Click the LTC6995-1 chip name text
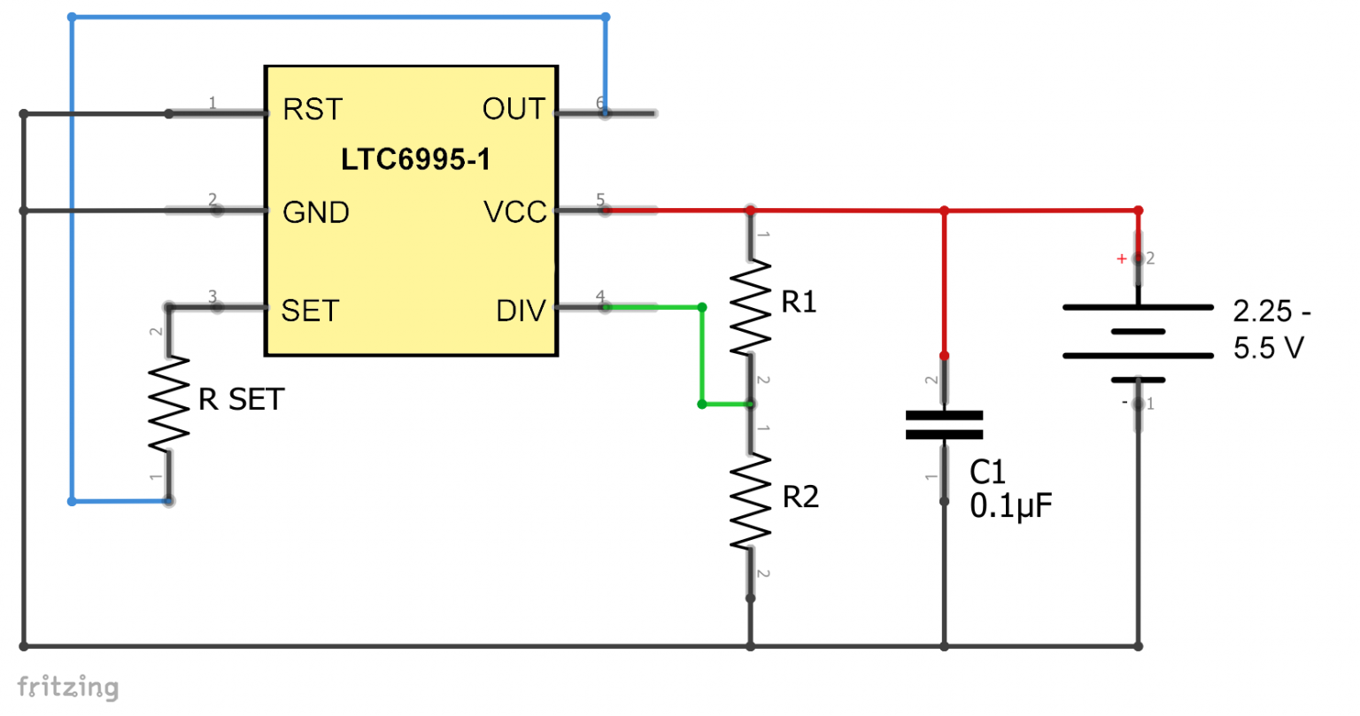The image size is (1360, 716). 415,160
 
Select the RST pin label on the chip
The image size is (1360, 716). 312,110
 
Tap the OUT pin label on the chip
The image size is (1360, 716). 514,110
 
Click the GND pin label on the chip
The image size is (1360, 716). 315,212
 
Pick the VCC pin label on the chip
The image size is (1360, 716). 515,212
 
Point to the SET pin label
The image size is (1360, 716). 310,311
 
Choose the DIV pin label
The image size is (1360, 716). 521,311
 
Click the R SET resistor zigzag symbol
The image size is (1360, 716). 168,404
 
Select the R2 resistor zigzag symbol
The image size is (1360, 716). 750,501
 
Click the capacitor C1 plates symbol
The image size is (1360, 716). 944,425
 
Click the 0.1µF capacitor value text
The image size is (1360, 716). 1010,506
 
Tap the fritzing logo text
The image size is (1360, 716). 67,687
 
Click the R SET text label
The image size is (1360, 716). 241,400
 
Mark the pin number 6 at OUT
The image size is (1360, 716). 600,104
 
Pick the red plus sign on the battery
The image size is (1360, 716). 1121,258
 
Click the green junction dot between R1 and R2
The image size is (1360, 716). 702,404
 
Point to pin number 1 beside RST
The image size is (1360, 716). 212,104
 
